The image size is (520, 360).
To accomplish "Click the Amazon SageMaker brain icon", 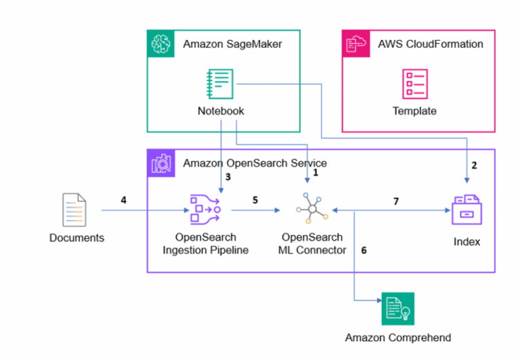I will click(161, 43).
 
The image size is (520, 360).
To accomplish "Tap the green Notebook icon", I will click(220, 84).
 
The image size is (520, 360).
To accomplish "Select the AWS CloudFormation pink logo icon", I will click(355, 43).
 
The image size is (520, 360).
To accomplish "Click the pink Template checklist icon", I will click(414, 84).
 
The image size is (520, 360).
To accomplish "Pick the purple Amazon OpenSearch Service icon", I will click(161, 163).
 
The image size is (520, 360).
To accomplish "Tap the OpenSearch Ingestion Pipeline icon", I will click(206, 209).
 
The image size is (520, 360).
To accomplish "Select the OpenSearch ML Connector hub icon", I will click(311, 210).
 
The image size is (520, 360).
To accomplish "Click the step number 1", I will click(315, 173).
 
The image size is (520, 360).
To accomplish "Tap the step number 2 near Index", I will click(474, 165).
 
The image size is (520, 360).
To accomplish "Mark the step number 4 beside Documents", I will click(123, 200).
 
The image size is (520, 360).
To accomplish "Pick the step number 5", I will click(255, 200).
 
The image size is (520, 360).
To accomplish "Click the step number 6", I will click(364, 250).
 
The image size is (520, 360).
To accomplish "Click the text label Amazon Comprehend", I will click(397, 338).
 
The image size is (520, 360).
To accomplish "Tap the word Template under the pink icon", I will click(414, 111).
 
